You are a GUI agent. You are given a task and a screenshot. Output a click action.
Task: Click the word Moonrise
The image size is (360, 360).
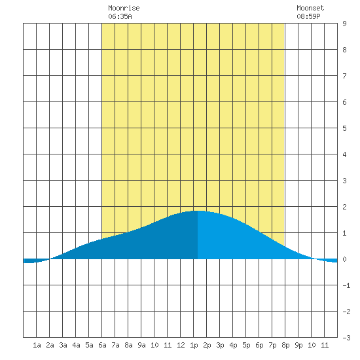pos(124,8)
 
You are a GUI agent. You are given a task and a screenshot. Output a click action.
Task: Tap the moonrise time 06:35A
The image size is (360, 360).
pos(120,16)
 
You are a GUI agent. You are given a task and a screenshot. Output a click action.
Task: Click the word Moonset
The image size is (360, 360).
pos(310,8)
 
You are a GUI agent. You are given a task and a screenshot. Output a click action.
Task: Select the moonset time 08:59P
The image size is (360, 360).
pos(308,16)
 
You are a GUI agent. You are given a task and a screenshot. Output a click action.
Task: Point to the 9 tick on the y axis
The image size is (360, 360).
pos(344,24)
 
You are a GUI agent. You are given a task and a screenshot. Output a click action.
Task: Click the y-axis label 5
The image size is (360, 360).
pos(344,128)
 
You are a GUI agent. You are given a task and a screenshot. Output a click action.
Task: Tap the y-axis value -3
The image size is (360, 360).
pos(346,338)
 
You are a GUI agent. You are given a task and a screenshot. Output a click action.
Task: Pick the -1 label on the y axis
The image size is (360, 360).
pos(346,285)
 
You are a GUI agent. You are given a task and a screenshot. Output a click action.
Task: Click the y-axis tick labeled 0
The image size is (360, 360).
pos(344,259)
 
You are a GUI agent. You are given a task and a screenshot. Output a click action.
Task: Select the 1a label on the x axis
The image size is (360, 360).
pos(37,345)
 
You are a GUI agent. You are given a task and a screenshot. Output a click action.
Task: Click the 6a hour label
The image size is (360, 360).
pos(102,345)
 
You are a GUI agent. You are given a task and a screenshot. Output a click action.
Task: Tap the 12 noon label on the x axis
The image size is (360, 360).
pos(181,345)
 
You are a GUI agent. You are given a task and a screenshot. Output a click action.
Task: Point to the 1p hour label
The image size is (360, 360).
pos(194,345)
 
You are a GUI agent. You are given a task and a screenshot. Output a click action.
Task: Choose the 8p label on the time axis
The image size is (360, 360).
pos(285,345)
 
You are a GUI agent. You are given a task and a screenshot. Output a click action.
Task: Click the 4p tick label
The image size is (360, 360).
pos(233,345)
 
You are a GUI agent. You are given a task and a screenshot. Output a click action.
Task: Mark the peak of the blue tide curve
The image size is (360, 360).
pos(198,211)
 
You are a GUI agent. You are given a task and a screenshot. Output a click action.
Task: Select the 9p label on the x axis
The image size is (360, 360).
pos(298,345)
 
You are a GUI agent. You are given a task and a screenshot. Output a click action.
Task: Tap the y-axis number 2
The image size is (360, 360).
pos(344,207)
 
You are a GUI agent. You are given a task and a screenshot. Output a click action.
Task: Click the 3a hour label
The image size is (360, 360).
pos(63,345)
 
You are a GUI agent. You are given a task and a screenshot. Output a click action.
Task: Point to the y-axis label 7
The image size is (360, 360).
pos(344,76)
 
